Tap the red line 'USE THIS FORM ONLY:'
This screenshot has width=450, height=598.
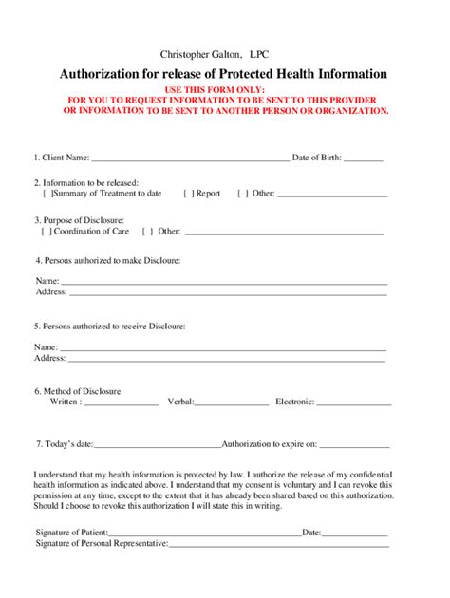[x=225, y=88]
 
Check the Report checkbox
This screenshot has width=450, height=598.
[x=188, y=194]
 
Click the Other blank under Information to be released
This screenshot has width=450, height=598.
[x=332, y=195]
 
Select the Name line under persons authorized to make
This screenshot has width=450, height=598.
[x=224, y=283]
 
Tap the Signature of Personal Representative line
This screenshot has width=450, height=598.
[x=279, y=545]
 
